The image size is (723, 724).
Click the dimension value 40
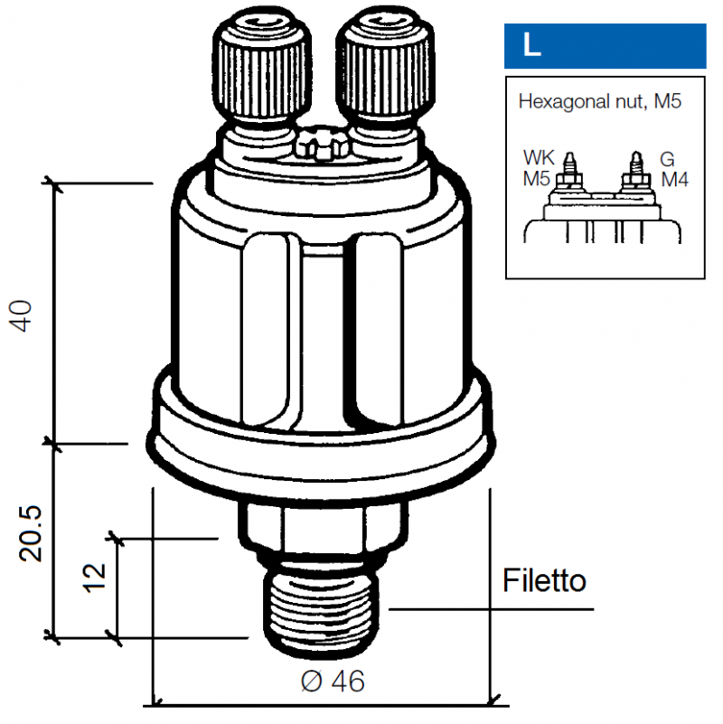(21, 315)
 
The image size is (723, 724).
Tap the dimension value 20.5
(31, 533)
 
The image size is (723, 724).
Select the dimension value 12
(94, 577)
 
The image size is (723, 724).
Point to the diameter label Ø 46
(333, 681)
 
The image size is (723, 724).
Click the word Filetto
(544, 580)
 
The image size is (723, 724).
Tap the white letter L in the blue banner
(531, 45)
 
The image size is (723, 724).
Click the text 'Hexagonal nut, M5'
(600, 101)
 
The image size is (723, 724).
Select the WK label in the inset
(539, 157)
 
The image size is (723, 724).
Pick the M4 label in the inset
(674, 179)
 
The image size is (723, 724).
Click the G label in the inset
(667, 159)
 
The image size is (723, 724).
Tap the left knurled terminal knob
(262, 69)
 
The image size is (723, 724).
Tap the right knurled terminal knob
(386, 69)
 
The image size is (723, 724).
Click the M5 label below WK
(537, 179)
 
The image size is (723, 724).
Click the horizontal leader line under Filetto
(492, 609)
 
